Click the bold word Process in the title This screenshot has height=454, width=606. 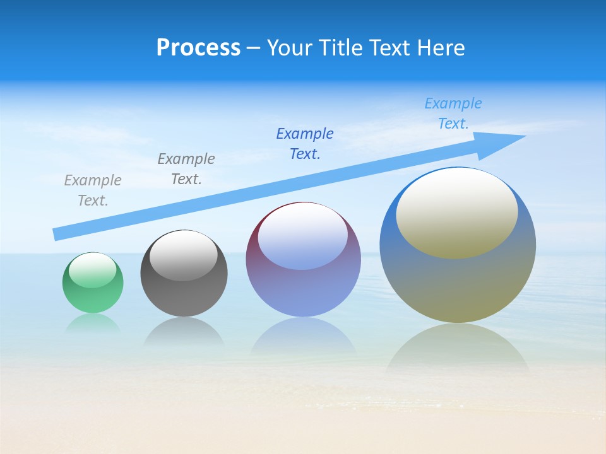[198, 48]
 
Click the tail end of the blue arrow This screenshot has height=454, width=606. [58, 234]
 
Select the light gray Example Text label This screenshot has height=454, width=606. [93, 190]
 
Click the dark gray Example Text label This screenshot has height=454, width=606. [186, 168]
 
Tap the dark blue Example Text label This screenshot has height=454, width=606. [305, 143]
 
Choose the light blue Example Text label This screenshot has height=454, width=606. [453, 113]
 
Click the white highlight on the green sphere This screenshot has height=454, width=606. [93, 270]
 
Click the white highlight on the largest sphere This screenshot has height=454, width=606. [457, 213]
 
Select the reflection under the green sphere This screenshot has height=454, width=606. [93, 323]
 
